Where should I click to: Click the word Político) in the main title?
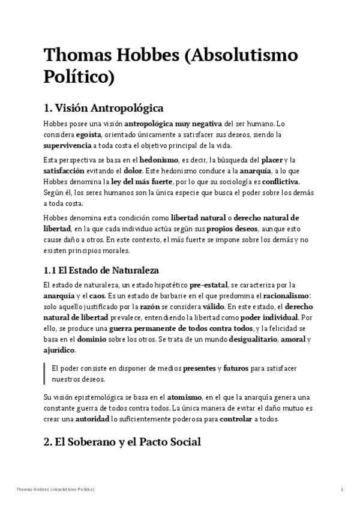pyautogui.click(x=79, y=77)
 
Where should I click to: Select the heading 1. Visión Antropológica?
pyautogui.click(x=104, y=109)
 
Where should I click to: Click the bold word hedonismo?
pyautogui.click(x=158, y=160)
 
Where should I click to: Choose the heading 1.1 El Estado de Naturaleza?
pyautogui.click(x=101, y=271)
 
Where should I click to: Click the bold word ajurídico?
pyautogui.click(x=59, y=350)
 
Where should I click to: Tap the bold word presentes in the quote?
pyautogui.click(x=199, y=368)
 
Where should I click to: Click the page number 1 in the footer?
pyautogui.click(x=341, y=490)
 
